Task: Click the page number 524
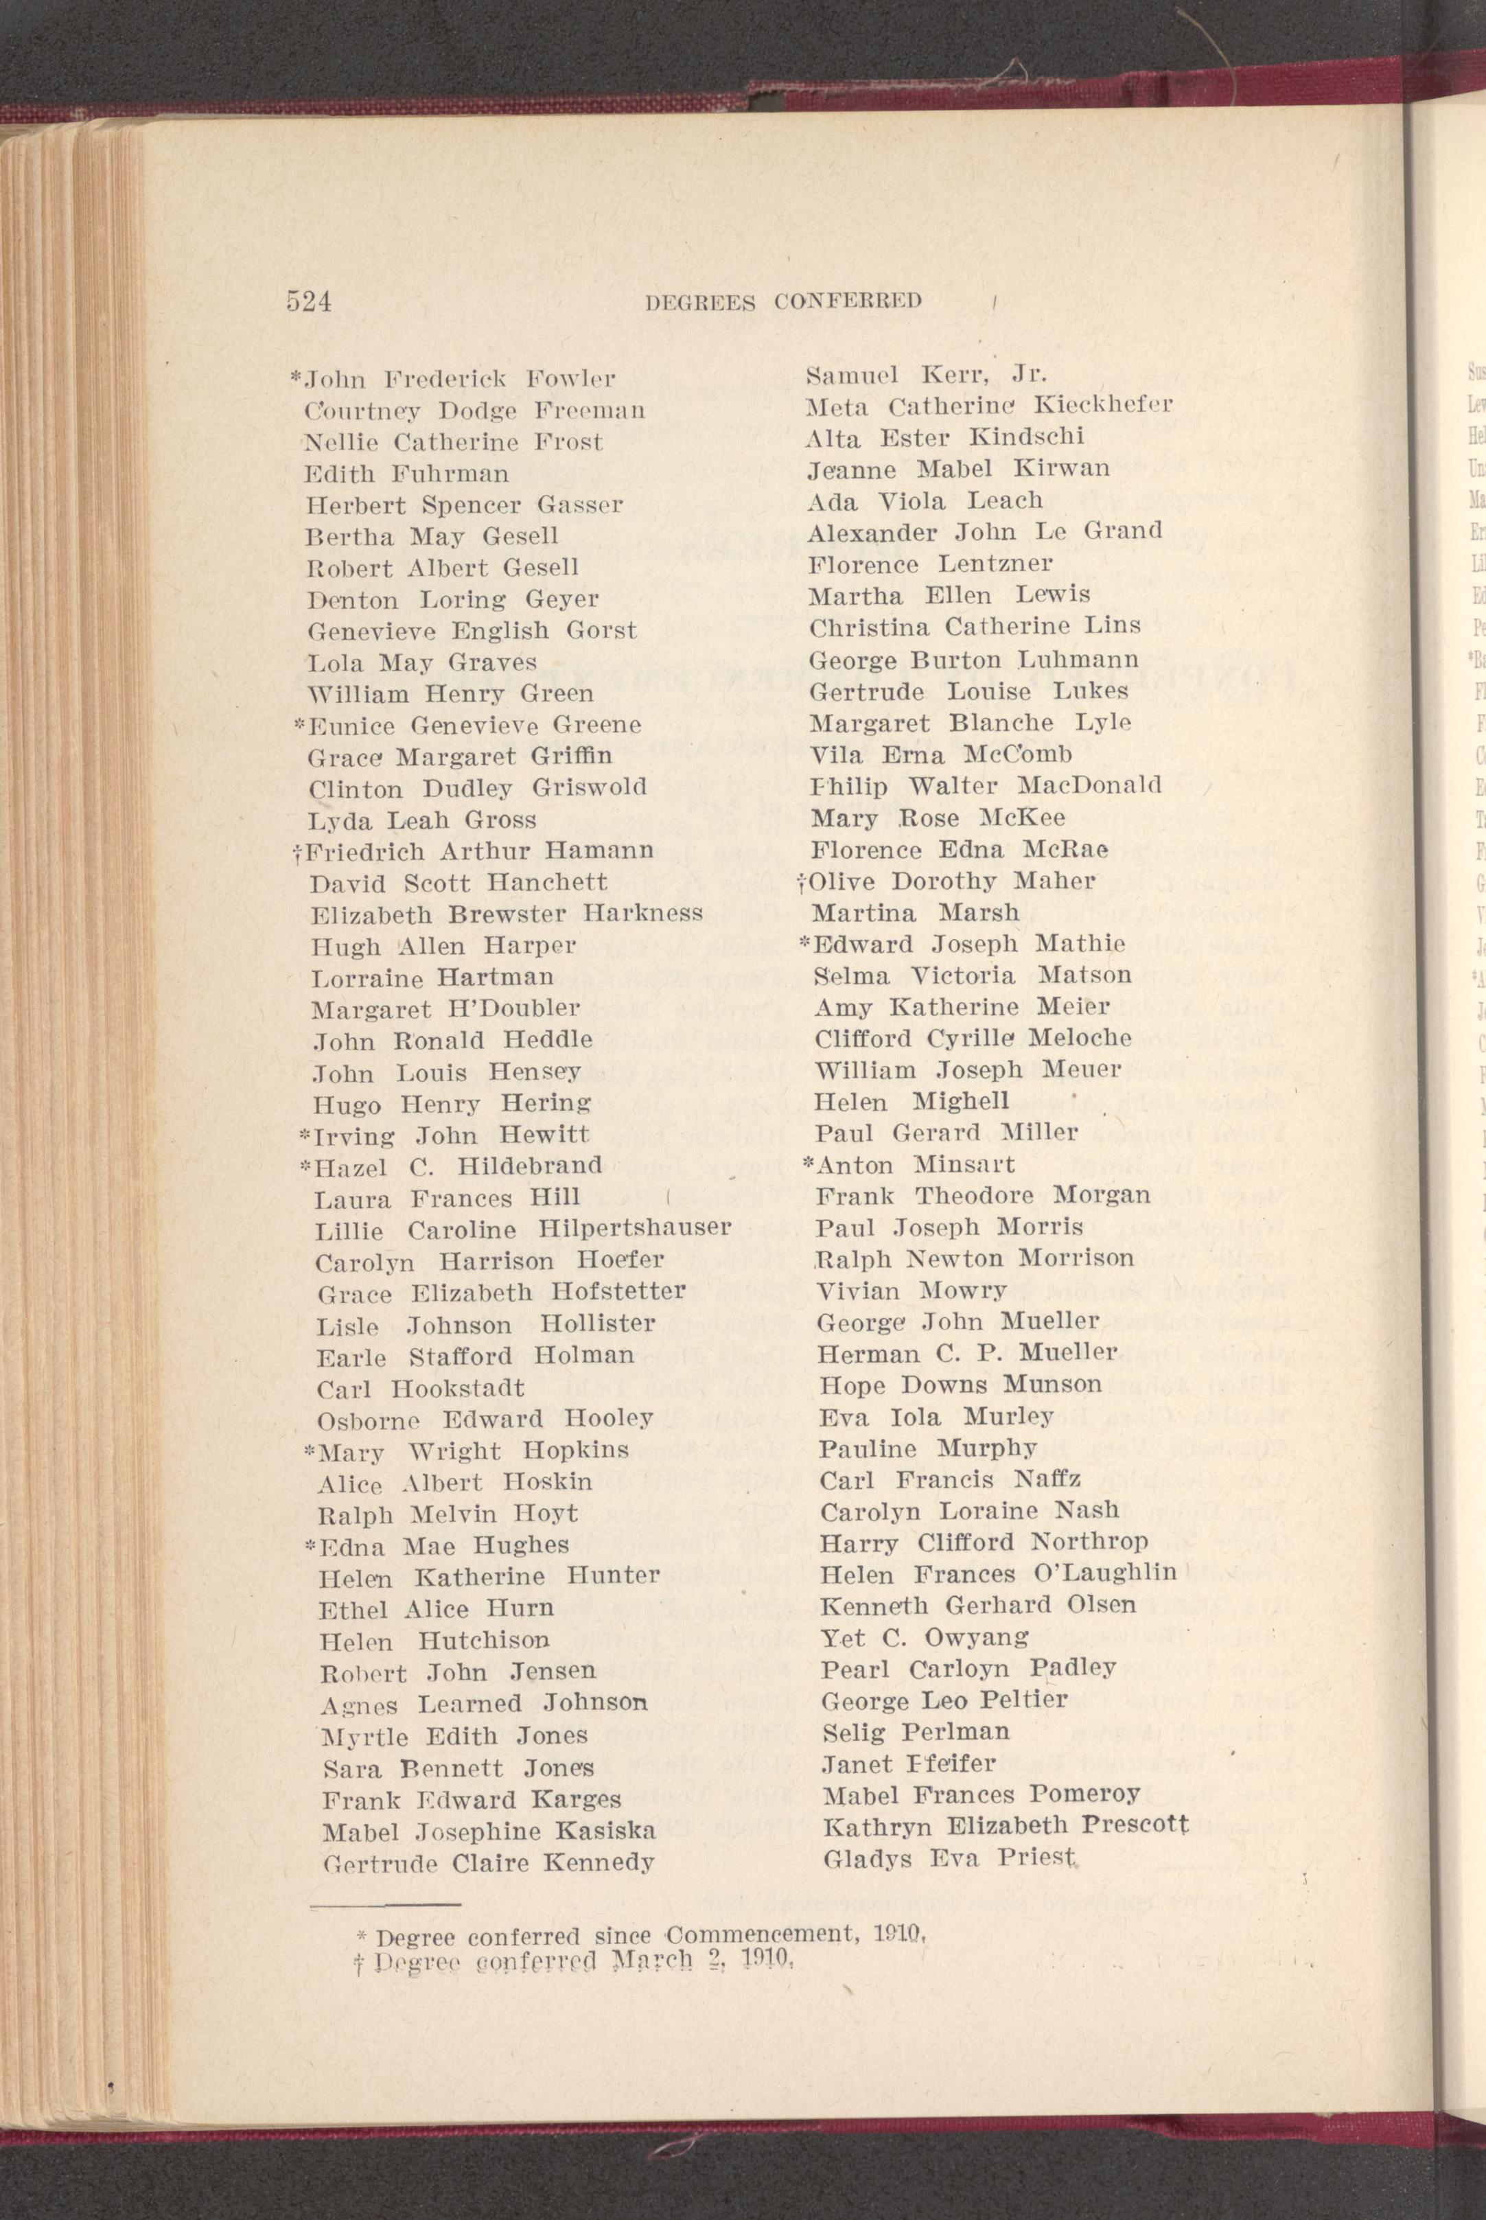click(x=308, y=301)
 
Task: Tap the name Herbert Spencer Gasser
click(x=463, y=505)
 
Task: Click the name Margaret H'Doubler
click(x=445, y=1008)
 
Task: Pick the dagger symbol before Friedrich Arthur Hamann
click(x=299, y=851)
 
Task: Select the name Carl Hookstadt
click(x=420, y=1388)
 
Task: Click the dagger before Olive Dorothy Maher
click(x=802, y=883)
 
